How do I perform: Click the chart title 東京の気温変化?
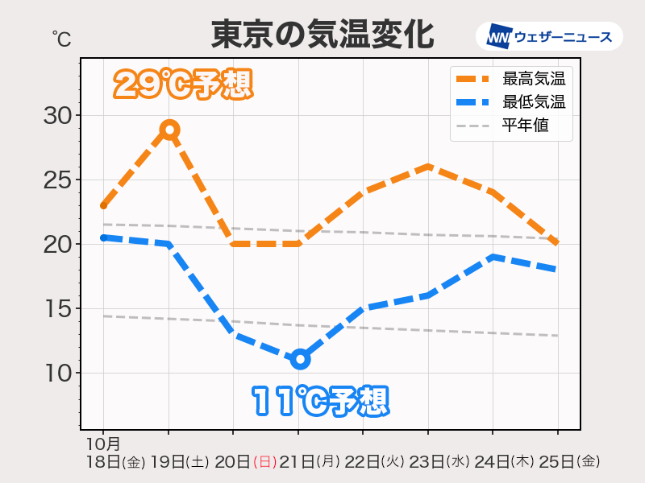pyautogui.click(x=322, y=35)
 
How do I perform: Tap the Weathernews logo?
pyautogui.click(x=549, y=36)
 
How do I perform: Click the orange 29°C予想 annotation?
pyautogui.click(x=183, y=85)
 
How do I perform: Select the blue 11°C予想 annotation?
pyautogui.click(x=320, y=400)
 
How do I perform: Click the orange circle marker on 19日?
pyautogui.click(x=169, y=129)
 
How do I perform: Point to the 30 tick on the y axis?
pyautogui.click(x=57, y=116)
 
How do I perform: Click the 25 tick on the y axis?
pyautogui.click(x=57, y=180)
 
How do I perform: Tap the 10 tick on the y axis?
pyautogui.click(x=57, y=374)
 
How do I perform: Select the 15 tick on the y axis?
pyautogui.click(x=57, y=309)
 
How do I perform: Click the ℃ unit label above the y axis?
pyautogui.click(x=61, y=38)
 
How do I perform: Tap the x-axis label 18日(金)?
pyautogui.click(x=114, y=462)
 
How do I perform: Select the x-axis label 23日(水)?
pyautogui.click(x=439, y=462)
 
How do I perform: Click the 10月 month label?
pyautogui.click(x=102, y=444)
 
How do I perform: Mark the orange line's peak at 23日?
pyautogui.click(x=428, y=167)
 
